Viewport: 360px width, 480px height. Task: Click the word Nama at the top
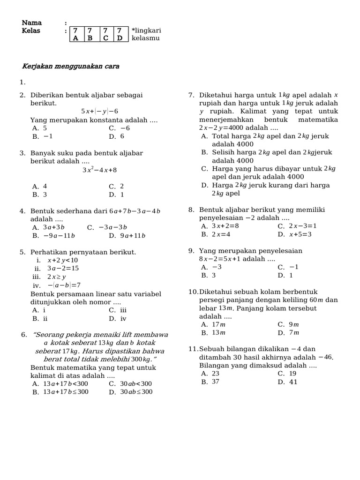(32, 22)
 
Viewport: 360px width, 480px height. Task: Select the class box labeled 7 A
(75, 34)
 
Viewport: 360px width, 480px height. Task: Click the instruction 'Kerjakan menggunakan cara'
(71, 66)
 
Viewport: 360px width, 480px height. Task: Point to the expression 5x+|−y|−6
(99, 111)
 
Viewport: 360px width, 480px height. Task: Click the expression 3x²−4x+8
(99, 170)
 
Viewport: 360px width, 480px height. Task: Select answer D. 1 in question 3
(117, 194)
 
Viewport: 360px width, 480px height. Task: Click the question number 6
(24, 335)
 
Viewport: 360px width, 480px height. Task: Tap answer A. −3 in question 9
(211, 267)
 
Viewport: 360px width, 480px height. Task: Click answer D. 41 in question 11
(288, 382)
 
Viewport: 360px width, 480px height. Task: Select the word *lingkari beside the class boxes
(146, 30)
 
